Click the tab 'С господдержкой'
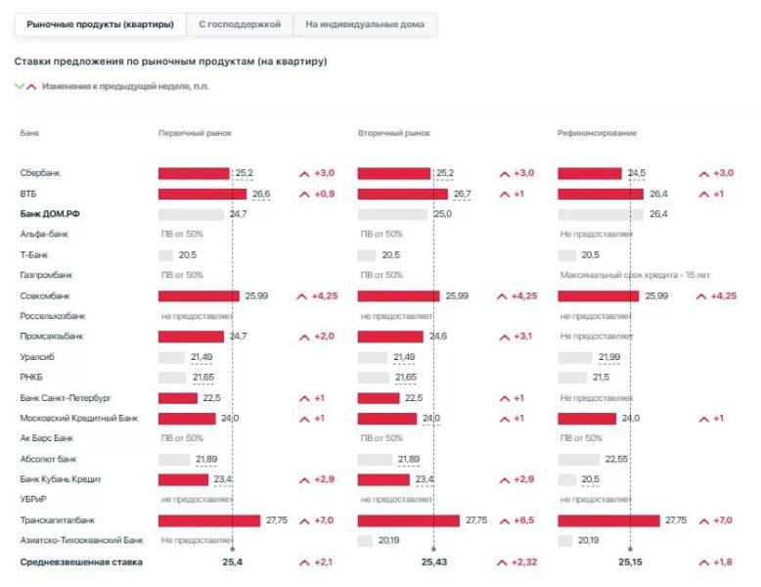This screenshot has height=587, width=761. pyautogui.click(x=240, y=23)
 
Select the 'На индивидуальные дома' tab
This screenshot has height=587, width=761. pyautogui.click(x=365, y=23)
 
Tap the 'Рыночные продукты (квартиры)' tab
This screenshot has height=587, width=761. pyautogui.click(x=101, y=23)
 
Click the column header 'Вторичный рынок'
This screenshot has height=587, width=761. pyautogui.click(x=393, y=132)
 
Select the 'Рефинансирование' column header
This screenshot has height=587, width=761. pyautogui.click(x=597, y=132)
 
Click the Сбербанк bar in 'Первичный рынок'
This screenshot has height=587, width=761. pyautogui.click(x=194, y=173)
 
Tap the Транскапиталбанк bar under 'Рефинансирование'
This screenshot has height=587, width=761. pyautogui.click(x=608, y=520)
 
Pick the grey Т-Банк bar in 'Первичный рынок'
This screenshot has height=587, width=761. pyautogui.click(x=165, y=255)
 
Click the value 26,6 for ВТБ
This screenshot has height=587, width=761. pyautogui.click(x=261, y=194)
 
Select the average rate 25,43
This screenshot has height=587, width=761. pyautogui.click(x=434, y=563)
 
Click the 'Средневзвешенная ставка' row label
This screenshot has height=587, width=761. pyautogui.click(x=81, y=563)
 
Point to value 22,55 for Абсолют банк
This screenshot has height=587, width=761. pyautogui.click(x=617, y=459)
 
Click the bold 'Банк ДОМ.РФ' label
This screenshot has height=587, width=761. pyautogui.click(x=50, y=213)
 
